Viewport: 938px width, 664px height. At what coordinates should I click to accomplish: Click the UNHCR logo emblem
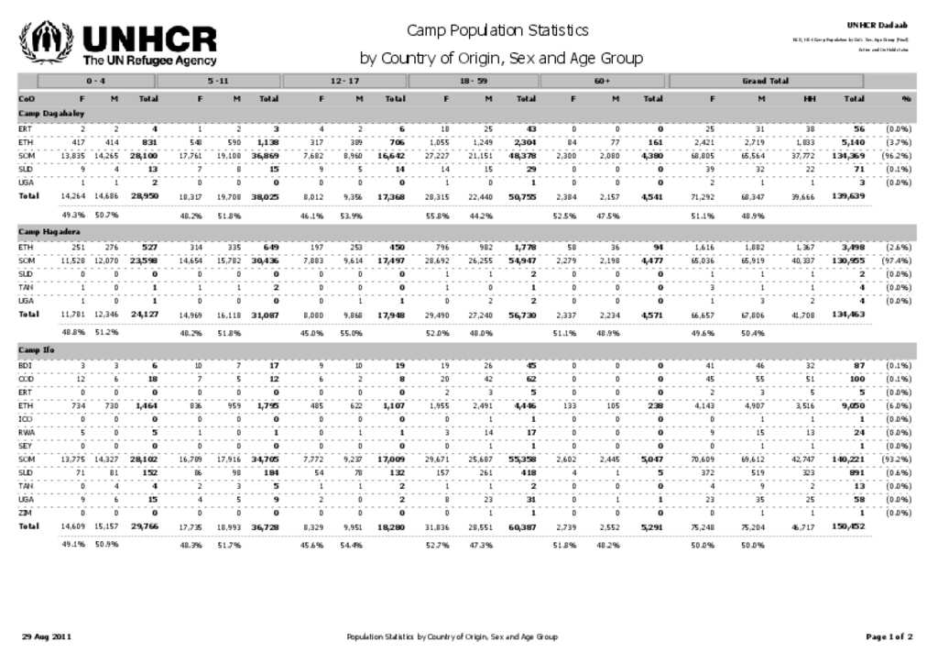pos(46,42)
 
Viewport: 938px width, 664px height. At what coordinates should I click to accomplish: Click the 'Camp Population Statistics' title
pos(497,30)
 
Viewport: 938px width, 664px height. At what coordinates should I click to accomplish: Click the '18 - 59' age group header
pos(473,81)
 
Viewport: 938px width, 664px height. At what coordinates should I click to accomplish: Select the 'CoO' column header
pos(27,97)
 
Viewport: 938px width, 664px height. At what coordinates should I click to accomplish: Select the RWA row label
pos(26,432)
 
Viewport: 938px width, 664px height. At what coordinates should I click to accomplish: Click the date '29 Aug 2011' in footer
pos(47,636)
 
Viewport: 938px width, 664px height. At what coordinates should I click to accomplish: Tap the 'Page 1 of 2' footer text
pos(889,636)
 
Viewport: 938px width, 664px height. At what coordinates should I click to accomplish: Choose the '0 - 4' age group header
pos(84,81)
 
